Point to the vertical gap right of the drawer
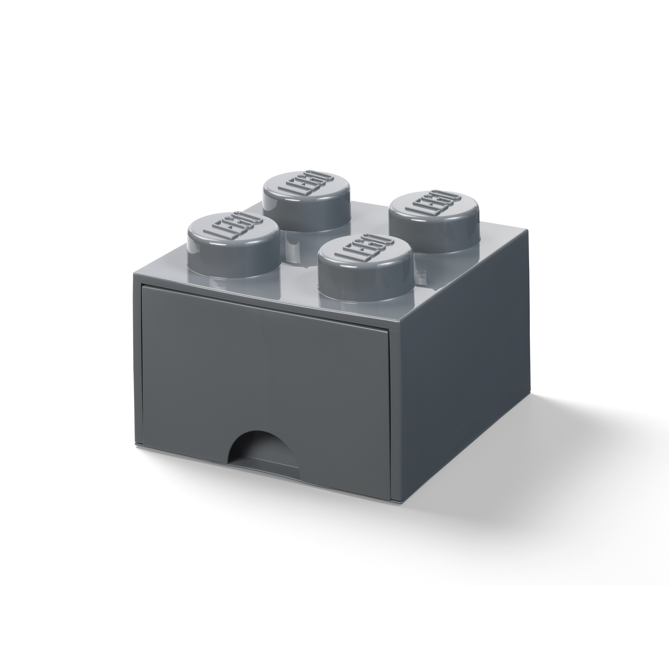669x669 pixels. click(x=391, y=416)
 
